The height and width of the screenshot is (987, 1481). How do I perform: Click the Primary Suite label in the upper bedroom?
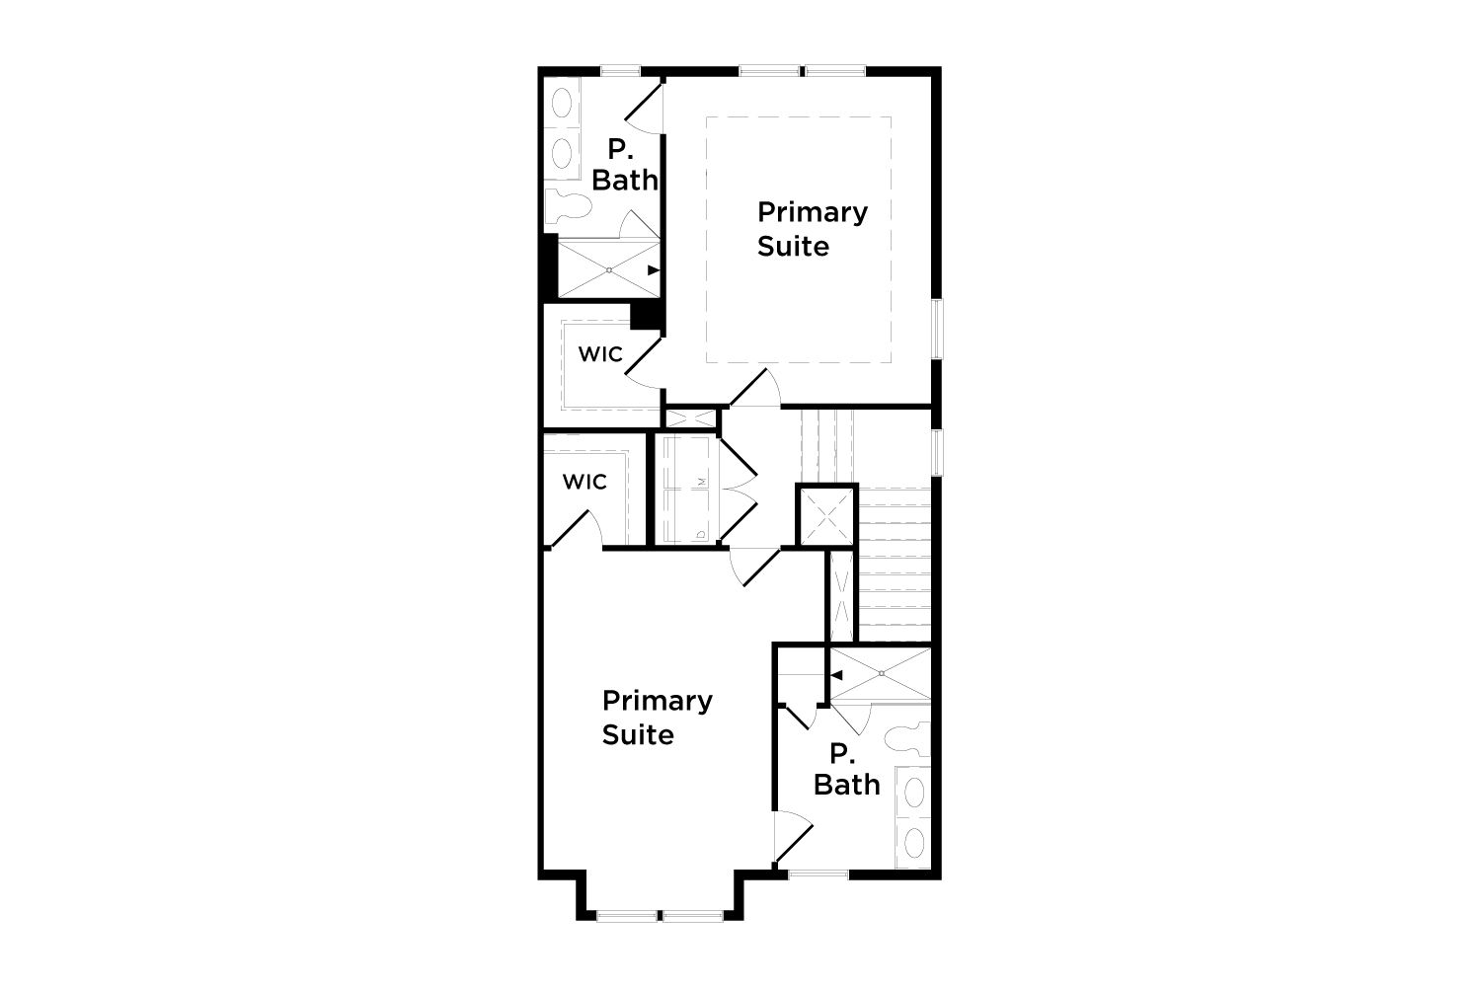pyautogui.click(x=813, y=229)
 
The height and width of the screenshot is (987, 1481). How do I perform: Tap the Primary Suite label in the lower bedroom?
pyautogui.click(x=658, y=718)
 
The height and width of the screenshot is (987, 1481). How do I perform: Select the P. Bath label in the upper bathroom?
pyautogui.click(x=625, y=165)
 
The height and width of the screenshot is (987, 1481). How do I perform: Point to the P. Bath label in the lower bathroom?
pyautogui.click(x=846, y=770)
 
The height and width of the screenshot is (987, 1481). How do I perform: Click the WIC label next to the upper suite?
pyautogui.click(x=600, y=354)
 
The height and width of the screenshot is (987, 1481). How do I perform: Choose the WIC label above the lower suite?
pyautogui.click(x=585, y=482)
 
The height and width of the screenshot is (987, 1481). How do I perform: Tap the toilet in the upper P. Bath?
pyautogui.click(x=569, y=206)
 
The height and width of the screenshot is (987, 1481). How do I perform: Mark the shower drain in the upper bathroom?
pyautogui.click(x=609, y=269)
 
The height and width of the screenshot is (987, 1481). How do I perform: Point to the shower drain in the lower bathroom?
pyautogui.click(x=882, y=674)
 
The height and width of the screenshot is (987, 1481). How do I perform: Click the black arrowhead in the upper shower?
pyautogui.click(x=654, y=270)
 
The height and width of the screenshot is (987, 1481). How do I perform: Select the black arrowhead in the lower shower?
pyautogui.click(x=836, y=676)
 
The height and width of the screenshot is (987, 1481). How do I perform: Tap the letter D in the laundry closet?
pyautogui.click(x=701, y=534)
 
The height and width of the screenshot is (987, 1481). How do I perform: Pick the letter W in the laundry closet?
pyautogui.click(x=702, y=482)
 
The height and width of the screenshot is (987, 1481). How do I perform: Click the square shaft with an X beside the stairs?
pyautogui.click(x=826, y=516)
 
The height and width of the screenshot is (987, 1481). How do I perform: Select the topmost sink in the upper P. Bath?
pyautogui.click(x=562, y=103)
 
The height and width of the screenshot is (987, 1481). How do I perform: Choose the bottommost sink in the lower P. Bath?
pyautogui.click(x=913, y=842)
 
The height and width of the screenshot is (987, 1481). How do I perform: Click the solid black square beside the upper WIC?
pyautogui.click(x=646, y=315)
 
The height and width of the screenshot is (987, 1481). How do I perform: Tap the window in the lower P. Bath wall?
pyautogui.click(x=818, y=874)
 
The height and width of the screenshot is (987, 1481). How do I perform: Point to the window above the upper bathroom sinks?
pyautogui.click(x=621, y=71)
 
